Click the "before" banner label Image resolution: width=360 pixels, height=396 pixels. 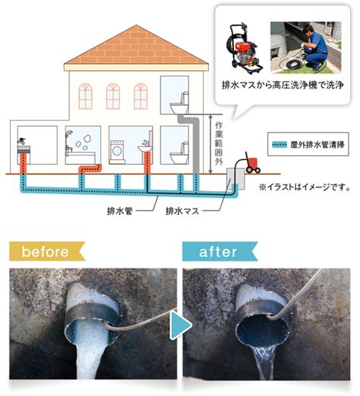point(46,251)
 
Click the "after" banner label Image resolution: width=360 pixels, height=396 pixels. point(219,251)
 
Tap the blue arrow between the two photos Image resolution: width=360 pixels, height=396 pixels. point(180,325)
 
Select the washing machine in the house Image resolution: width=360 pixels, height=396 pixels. point(117,151)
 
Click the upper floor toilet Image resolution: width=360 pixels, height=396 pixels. point(180,103)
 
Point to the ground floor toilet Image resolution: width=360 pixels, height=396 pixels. point(180,153)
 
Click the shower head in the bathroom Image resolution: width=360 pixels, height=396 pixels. point(69,134)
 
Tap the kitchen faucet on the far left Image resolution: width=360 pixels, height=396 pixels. point(21,141)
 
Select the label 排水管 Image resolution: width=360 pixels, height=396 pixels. point(120,211)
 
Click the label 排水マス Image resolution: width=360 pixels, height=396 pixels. point(182,211)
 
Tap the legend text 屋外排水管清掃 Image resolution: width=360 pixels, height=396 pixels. point(317,145)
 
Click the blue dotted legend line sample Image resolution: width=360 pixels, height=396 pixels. point(279,145)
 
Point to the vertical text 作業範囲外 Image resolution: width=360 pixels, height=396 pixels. point(219,143)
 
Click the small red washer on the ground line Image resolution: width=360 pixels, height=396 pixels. point(253,164)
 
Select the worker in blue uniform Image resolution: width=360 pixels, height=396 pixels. point(314,47)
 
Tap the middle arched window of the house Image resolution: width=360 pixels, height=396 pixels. point(113,96)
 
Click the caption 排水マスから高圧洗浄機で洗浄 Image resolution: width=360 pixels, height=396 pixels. point(283,85)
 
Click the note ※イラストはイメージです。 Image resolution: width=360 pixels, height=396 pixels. point(305,187)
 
